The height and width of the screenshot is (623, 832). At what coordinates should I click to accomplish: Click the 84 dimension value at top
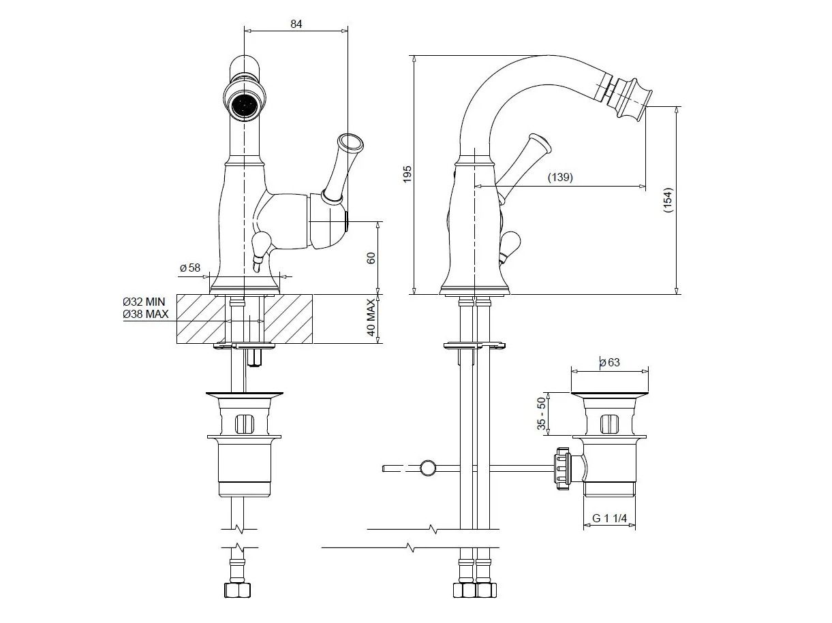296,24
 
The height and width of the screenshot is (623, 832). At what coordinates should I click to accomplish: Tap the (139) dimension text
559,177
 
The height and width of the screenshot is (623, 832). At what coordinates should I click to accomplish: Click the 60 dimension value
371,259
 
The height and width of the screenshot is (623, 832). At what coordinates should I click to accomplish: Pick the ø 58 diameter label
190,268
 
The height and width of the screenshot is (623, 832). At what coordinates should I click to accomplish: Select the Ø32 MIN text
144,301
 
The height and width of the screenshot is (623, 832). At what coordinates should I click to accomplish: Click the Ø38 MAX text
145,314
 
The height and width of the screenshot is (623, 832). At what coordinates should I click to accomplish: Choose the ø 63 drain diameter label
610,362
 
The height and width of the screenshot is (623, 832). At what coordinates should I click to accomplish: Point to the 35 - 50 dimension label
542,413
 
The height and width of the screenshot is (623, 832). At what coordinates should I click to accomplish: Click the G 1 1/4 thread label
610,518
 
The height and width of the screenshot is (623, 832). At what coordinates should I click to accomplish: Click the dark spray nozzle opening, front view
244,106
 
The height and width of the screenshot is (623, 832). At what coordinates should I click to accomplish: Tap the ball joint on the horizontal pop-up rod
429,468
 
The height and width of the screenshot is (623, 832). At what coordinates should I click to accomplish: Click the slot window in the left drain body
243,423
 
